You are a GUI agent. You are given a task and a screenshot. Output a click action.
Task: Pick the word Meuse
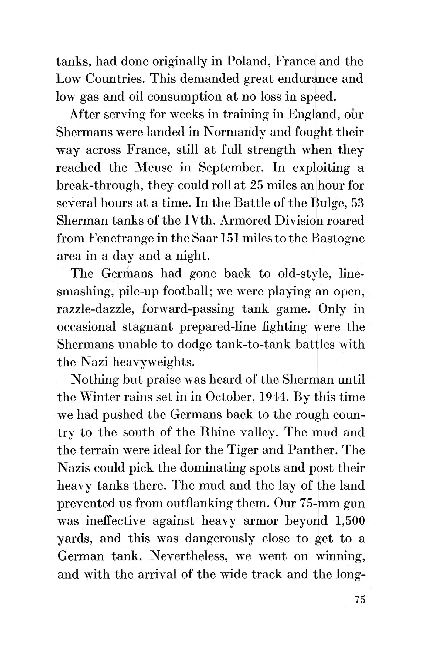click(x=154, y=167)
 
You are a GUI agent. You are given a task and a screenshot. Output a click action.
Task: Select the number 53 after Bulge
click(x=358, y=203)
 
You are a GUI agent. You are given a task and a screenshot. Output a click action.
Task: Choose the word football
click(x=186, y=291)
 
